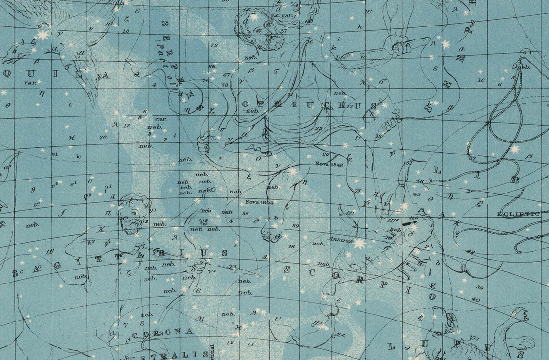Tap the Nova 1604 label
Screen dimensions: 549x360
tap(259, 202)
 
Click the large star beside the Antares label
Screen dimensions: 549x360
tap(359, 244)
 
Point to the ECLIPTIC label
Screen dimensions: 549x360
tap(518, 214)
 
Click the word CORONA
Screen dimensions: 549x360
tap(163, 333)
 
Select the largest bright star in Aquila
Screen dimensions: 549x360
tap(43, 35)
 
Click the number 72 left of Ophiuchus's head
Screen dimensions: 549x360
tap(214, 45)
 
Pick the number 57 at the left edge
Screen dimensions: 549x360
tap(37, 205)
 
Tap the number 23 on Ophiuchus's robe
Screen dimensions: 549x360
tap(319, 129)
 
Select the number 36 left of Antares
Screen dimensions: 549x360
tap(291, 246)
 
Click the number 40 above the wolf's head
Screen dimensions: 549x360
tap(477, 299)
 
